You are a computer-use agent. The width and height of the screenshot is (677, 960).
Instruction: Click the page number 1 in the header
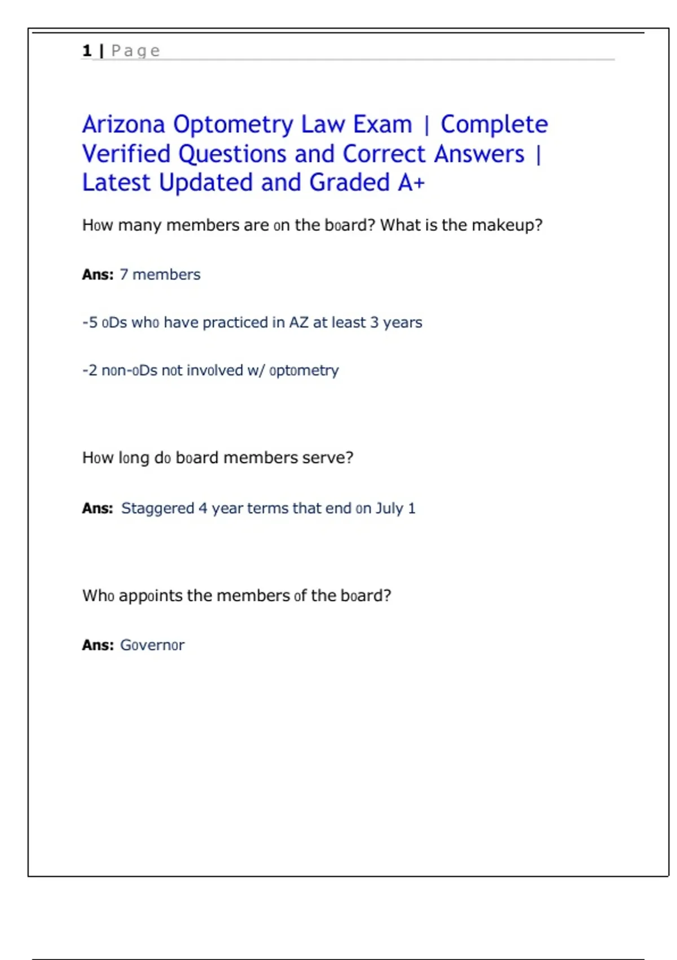(x=87, y=51)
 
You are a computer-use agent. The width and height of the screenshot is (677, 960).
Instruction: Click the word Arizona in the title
(x=124, y=125)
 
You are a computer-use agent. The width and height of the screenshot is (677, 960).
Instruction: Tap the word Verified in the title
(x=126, y=154)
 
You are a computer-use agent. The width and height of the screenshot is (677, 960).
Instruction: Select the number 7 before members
(x=124, y=274)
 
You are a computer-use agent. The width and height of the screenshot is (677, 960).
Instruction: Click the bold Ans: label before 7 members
(x=98, y=274)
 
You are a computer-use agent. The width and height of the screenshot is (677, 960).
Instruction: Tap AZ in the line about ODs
(x=298, y=322)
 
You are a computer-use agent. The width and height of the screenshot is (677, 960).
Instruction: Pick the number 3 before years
(x=375, y=322)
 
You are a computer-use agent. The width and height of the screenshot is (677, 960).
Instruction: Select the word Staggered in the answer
(x=157, y=508)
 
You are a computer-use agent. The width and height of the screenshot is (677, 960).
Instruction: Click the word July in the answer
(x=389, y=508)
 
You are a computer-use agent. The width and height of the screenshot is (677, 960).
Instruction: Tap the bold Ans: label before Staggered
(x=98, y=508)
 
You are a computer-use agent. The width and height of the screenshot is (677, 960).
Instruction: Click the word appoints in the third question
(x=151, y=596)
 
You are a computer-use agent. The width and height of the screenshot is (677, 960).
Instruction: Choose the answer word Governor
(x=152, y=645)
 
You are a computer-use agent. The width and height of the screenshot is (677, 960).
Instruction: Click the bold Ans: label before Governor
(x=98, y=645)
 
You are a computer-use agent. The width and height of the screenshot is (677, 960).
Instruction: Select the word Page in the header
(x=135, y=51)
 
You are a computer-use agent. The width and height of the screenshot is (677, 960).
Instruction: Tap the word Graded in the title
(x=350, y=183)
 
